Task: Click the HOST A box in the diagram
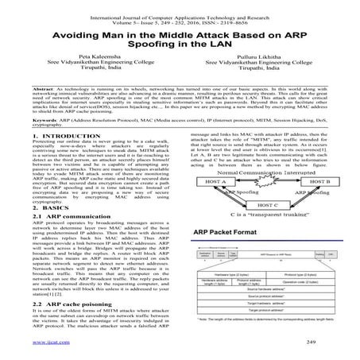coord(212,182)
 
